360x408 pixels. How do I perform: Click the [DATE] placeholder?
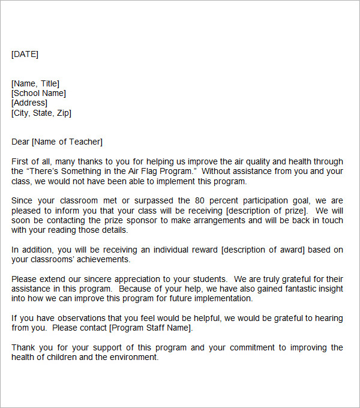click(25, 54)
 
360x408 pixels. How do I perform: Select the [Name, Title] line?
click(35, 83)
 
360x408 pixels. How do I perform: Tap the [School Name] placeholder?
click(38, 93)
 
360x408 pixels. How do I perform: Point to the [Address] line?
click(29, 103)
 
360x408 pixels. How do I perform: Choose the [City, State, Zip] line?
click(41, 112)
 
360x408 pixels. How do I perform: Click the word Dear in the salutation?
click(20, 142)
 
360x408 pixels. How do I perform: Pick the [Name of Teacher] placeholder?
click(67, 142)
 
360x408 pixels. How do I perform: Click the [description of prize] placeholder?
click(267, 210)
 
